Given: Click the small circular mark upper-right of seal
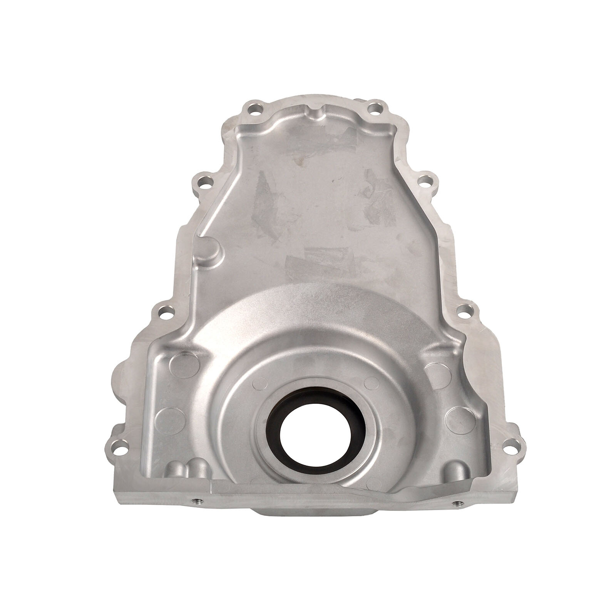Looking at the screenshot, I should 372,382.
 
